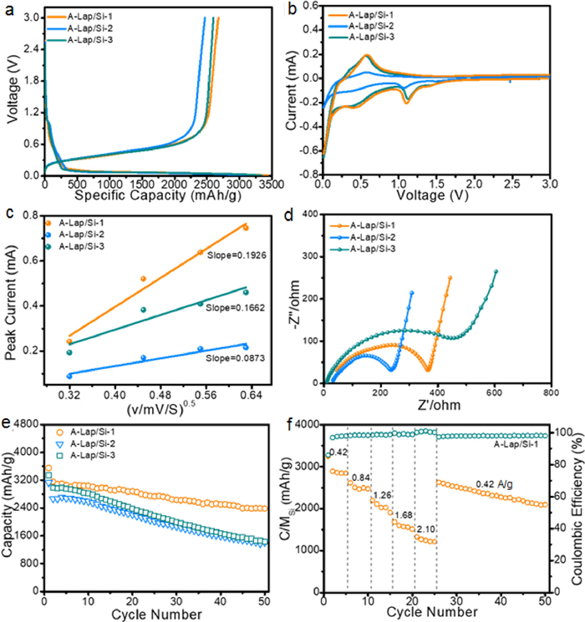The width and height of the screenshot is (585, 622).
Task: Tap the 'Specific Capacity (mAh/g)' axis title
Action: (164, 195)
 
